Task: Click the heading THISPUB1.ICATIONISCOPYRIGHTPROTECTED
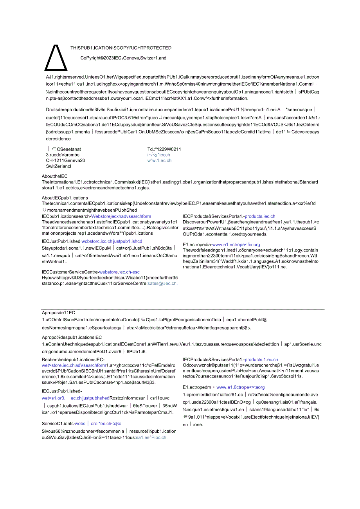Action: click(121, 48)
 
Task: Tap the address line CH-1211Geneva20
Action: click(65, 160)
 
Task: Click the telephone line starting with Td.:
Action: click(164, 149)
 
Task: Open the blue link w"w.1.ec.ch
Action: click(159, 160)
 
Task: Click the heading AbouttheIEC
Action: click(54, 176)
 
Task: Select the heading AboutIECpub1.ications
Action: click(65, 198)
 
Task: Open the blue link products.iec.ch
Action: click(260, 216)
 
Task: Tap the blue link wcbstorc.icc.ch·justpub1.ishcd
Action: click(112, 241)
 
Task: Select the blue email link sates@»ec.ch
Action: click(162, 284)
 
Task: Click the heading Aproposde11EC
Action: click(58, 313)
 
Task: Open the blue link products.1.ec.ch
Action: click(261, 360)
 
